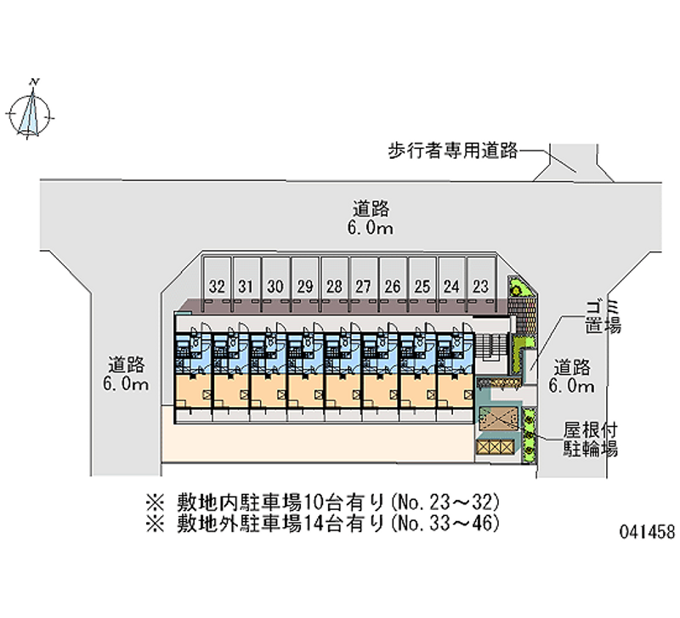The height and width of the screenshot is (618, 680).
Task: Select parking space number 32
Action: click(218, 284)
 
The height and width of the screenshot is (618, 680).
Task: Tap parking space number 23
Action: click(480, 284)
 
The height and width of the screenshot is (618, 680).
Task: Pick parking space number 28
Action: click(334, 284)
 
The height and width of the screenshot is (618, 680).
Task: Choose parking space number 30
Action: click(275, 284)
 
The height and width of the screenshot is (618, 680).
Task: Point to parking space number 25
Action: click(422, 284)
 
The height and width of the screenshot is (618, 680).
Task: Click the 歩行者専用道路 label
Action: click(453, 151)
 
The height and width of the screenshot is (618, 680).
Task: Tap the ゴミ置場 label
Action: click(603, 317)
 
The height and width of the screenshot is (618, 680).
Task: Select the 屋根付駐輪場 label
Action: click(590, 439)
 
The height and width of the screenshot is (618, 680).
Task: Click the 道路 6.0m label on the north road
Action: click(371, 218)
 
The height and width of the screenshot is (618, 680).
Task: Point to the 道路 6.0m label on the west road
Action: click(126, 374)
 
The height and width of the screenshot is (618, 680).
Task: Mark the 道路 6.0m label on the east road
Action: click(571, 376)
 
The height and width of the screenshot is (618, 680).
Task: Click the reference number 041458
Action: click(648, 531)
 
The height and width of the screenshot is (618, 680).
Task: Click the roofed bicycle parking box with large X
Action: click(499, 419)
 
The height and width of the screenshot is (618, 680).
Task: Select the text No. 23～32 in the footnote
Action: click(445, 502)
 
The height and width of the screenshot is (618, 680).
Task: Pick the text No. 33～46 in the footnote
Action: click(445, 524)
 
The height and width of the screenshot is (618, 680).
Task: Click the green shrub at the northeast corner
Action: click(517, 288)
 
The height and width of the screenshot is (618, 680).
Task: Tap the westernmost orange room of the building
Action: click(194, 392)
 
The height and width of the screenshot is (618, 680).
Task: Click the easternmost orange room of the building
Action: click(456, 392)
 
